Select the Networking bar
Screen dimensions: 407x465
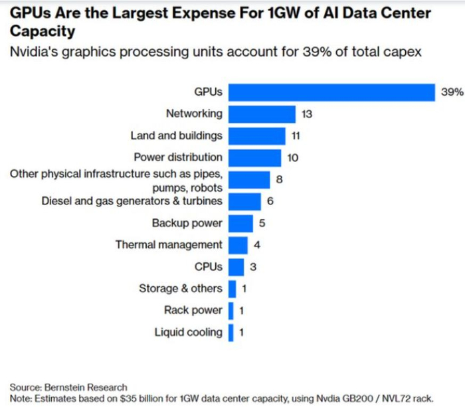click(x=262, y=114)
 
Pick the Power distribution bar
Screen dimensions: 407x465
click(x=254, y=158)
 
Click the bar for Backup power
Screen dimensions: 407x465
click(x=240, y=223)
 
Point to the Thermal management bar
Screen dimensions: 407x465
click(x=238, y=245)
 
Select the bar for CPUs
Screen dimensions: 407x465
click(x=235, y=267)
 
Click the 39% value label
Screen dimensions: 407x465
click(x=452, y=92)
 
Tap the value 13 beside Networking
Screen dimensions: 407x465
click(x=306, y=114)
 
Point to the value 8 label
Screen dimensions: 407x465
click(x=279, y=179)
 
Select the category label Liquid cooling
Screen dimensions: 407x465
click(x=189, y=332)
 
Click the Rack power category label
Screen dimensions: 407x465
click(x=193, y=310)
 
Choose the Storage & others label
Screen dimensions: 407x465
click(x=181, y=288)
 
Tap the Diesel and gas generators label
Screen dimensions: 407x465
click(x=132, y=201)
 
